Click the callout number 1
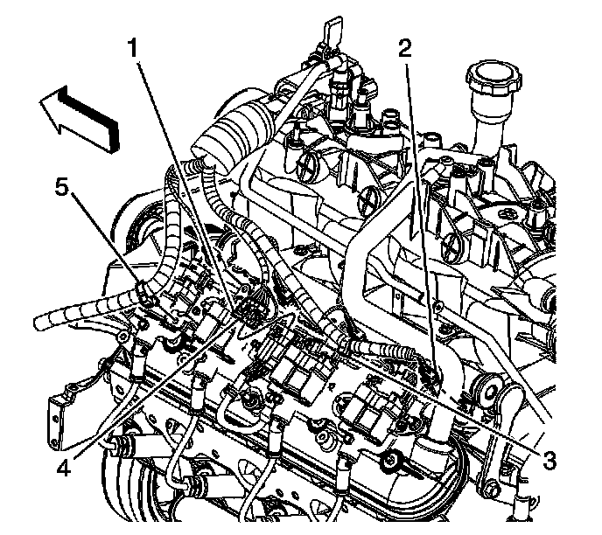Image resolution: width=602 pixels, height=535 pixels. pos(133,50)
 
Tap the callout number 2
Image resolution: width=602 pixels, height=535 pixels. pos(404,50)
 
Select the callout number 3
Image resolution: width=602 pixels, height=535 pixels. pos(549,457)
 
